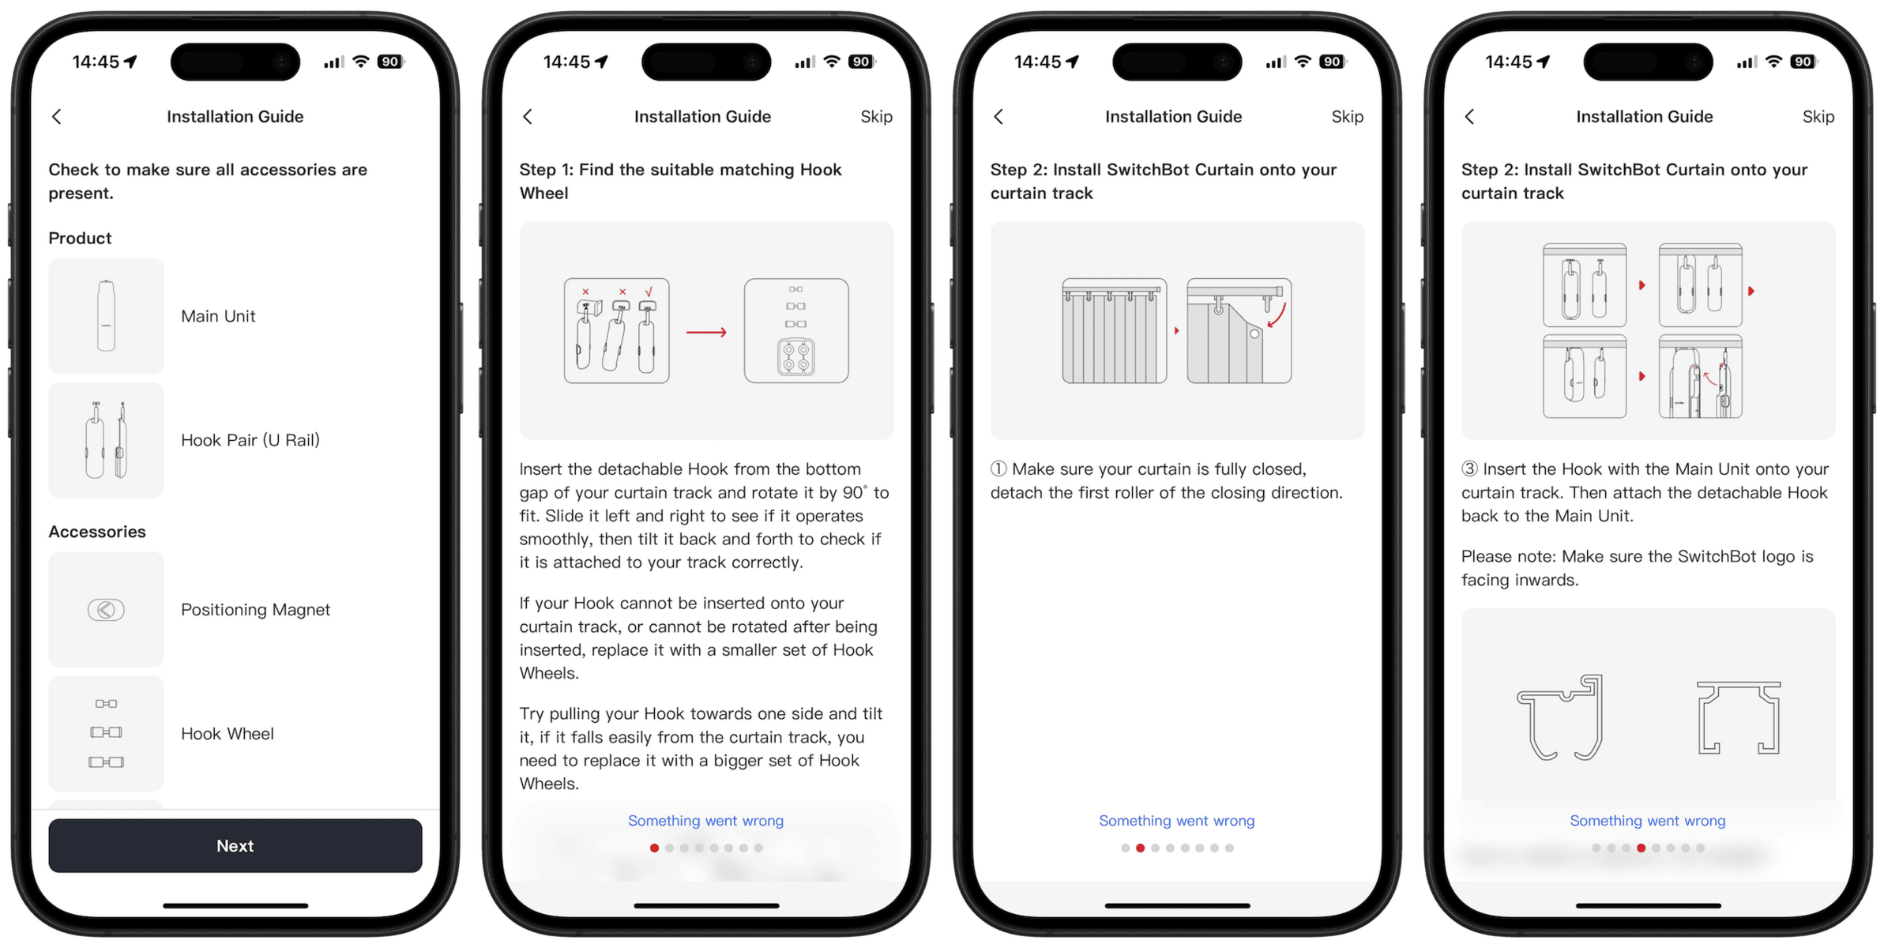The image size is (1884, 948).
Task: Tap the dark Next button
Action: click(x=235, y=845)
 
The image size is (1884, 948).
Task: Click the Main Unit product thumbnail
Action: click(x=106, y=316)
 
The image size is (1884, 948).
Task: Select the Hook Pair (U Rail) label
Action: click(x=250, y=440)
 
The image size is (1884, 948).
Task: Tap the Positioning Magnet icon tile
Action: click(x=106, y=609)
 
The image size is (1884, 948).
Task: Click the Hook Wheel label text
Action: click(x=228, y=734)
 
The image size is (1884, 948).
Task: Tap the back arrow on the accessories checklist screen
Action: click(x=57, y=117)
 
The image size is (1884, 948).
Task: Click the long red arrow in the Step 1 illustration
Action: click(x=706, y=333)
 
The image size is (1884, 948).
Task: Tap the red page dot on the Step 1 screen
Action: click(x=654, y=848)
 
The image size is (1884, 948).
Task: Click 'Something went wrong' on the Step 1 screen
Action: click(x=705, y=821)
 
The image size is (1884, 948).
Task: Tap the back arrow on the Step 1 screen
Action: click(x=528, y=117)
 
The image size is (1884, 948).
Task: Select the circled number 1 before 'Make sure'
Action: click(x=998, y=469)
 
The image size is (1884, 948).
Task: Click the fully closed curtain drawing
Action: click(x=1114, y=331)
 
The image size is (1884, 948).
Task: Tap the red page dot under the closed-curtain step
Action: click(x=1140, y=848)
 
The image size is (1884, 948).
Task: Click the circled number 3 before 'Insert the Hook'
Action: click(x=1469, y=469)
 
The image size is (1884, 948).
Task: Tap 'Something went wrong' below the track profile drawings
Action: click(x=1647, y=821)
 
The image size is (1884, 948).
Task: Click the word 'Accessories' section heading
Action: click(x=97, y=532)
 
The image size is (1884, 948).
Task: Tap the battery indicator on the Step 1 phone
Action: click(x=861, y=62)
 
